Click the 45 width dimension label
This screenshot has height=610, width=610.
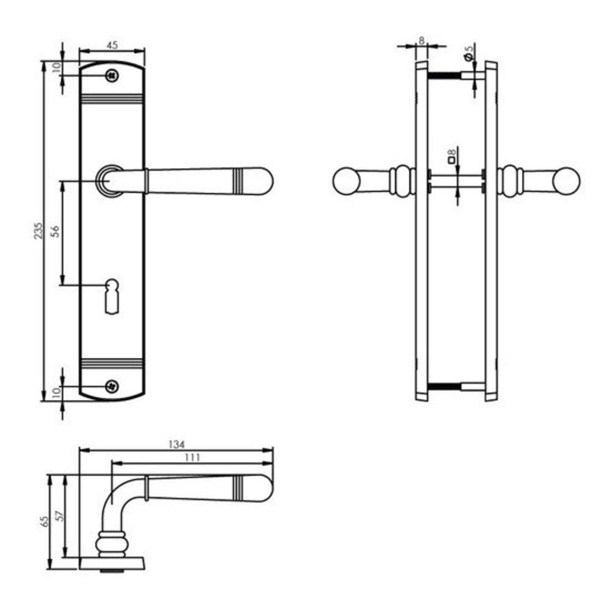tap(112, 45)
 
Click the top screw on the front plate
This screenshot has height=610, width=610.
tap(111, 75)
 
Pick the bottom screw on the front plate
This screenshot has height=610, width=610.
tap(111, 386)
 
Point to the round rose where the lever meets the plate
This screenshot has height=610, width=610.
tap(109, 181)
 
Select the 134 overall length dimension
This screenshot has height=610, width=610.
tap(177, 444)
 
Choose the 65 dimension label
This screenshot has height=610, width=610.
tap(44, 522)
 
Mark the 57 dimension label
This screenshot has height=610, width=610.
tap(59, 516)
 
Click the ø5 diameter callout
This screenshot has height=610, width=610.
tap(468, 53)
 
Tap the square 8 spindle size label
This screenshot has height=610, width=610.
tap(451, 157)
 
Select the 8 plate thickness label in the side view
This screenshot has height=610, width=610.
tap(421, 40)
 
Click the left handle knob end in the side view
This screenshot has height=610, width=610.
tap(345, 181)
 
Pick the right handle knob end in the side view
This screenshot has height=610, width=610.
tap(568, 181)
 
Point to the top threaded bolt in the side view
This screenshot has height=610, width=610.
tap(445, 76)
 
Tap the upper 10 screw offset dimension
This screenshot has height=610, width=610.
tap(56, 67)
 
